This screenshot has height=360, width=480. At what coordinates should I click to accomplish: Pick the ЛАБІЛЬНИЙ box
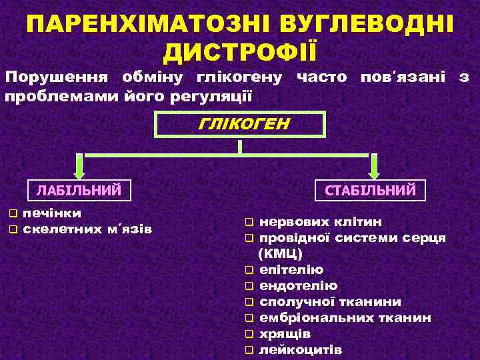(x=79, y=190)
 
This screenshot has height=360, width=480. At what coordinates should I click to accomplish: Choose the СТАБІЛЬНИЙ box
(x=370, y=190)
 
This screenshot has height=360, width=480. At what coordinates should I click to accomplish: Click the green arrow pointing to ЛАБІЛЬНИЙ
(x=79, y=167)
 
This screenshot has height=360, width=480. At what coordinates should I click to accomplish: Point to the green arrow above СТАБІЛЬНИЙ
(x=374, y=167)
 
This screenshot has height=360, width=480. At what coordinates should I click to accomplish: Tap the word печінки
(x=52, y=213)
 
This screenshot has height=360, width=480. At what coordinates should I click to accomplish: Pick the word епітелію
(x=291, y=270)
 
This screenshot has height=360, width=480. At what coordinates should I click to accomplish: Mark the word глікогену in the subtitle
(x=237, y=77)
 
